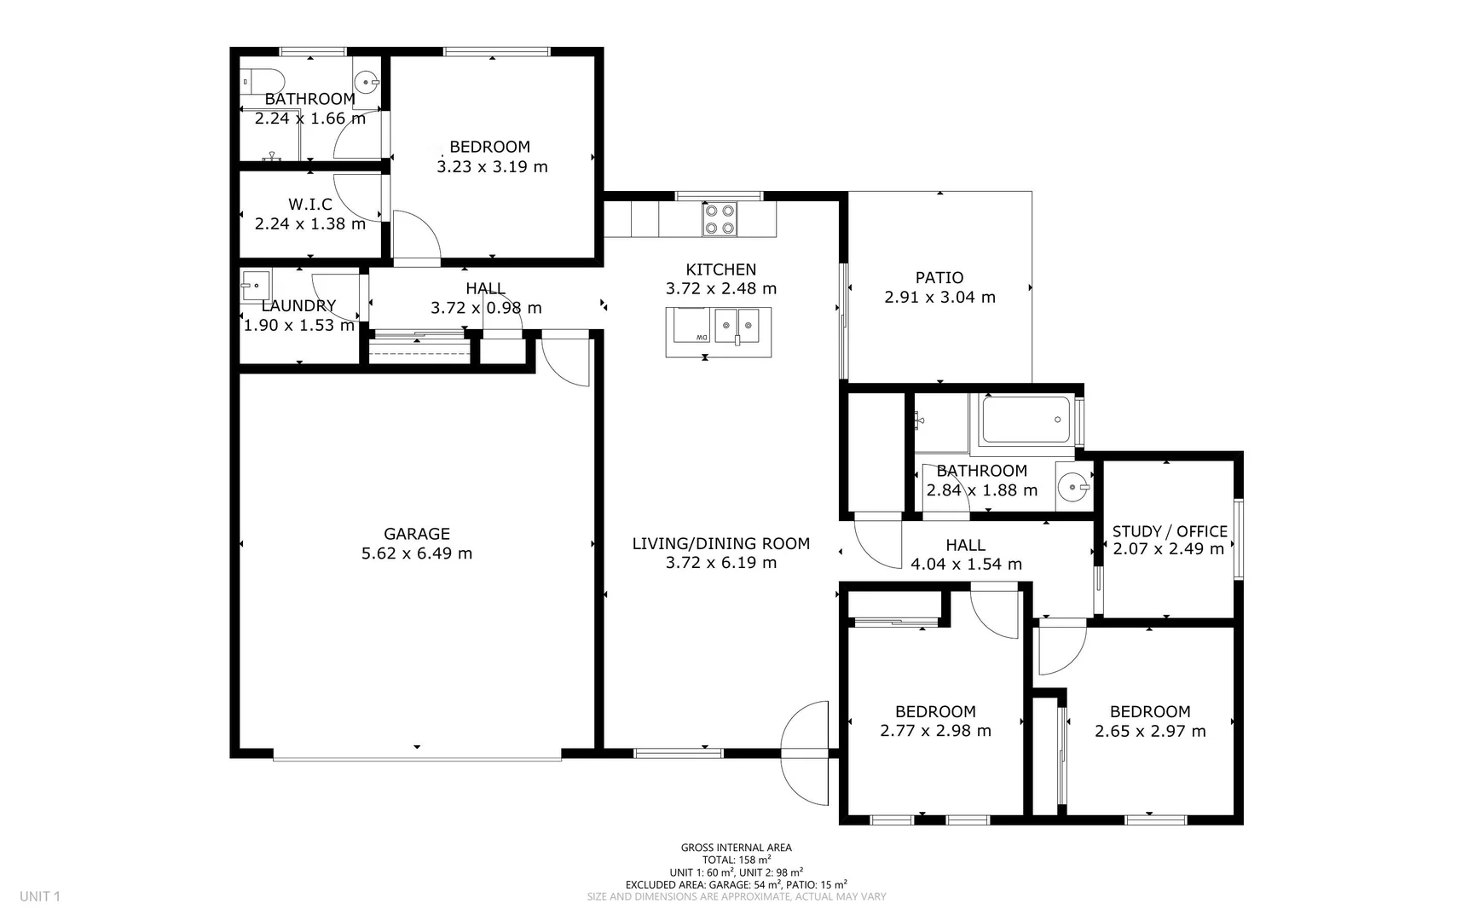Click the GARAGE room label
[x=416, y=534]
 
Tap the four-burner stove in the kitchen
[x=720, y=219]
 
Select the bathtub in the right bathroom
[x=1026, y=420]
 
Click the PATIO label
[x=939, y=277]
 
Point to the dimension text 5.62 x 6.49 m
[x=416, y=553]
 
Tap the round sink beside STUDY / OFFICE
[x=1072, y=488]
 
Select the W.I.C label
[x=310, y=204]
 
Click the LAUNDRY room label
[x=298, y=305]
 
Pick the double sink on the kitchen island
[x=737, y=325]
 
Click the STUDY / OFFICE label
[x=1170, y=531]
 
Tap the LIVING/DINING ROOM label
[x=720, y=543]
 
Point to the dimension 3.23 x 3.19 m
[x=492, y=167]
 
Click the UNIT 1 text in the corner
[x=40, y=896]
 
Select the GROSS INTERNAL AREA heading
[x=736, y=848]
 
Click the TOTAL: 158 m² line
[x=736, y=860]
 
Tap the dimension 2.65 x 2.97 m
[x=1150, y=731]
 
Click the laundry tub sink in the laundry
[x=256, y=285]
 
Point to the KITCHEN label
[x=720, y=269]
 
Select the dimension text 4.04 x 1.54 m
[x=966, y=564]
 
